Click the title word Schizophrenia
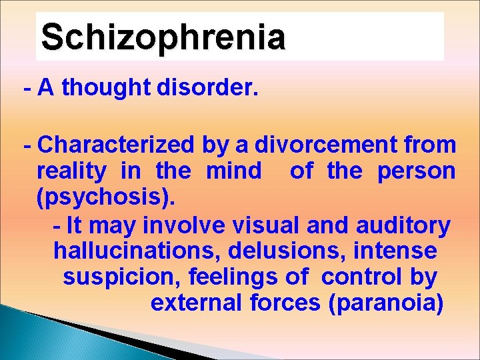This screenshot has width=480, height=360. pyautogui.click(x=163, y=37)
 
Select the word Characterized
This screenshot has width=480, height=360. pyautogui.click(x=117, y=145)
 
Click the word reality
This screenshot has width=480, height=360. pyautogui.click(x=71, y=171)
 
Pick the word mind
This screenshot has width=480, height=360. pyautogui.click(x=234, y=171)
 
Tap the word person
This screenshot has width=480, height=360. pyautogui.click(x=417, y=171)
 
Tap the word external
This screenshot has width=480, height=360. pyautogui.click(x=197, y=303)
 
